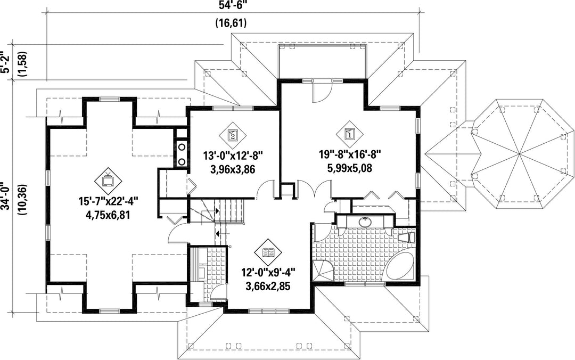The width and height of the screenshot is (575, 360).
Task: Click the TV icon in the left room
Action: click(x=108, y=181)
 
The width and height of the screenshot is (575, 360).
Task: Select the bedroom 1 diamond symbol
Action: click(x=350, y=134)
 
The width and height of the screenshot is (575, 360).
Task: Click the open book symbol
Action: click(x=268, y=252)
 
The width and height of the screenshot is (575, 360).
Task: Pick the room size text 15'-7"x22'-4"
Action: click(x=108, y=201)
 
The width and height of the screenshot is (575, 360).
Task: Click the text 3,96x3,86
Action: click(x=233, y=169)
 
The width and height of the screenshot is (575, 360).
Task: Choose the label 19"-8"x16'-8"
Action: click(x=350, y=154)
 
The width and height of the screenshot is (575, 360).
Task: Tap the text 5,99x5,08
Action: click(x=350, y=168)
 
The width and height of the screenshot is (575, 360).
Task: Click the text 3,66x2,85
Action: click(x=268, y=286)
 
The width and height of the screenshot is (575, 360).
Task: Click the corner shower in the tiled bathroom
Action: click(x=323, y=270)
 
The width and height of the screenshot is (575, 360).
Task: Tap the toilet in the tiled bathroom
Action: click(x=407, y=238)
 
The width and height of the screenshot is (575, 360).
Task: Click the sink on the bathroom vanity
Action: click(x=365, y=222)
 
